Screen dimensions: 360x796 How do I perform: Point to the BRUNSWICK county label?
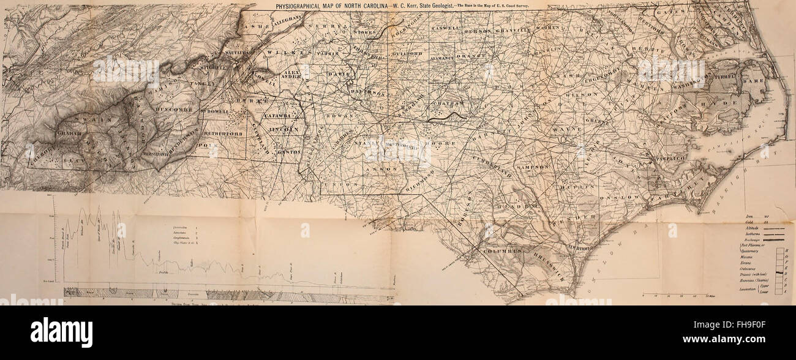click(543, 268)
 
